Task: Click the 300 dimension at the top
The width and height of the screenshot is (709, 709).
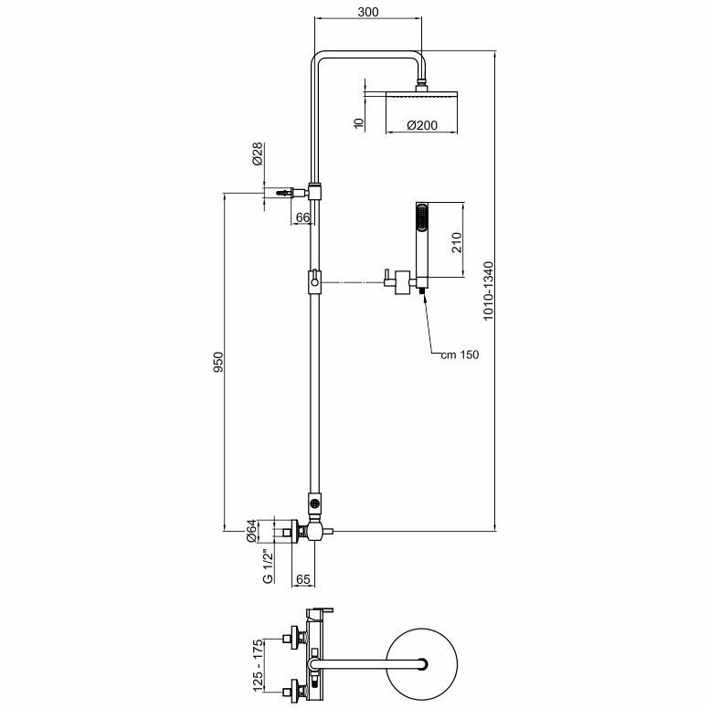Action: [x=369, y=13]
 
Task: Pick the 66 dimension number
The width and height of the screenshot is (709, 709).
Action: [x=302, y=217]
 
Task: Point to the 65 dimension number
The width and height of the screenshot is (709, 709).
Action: [x=303, y=579]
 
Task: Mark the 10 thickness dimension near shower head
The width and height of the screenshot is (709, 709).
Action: [x=359, y=121]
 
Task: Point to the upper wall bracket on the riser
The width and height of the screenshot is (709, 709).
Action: [x=313, y=192]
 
